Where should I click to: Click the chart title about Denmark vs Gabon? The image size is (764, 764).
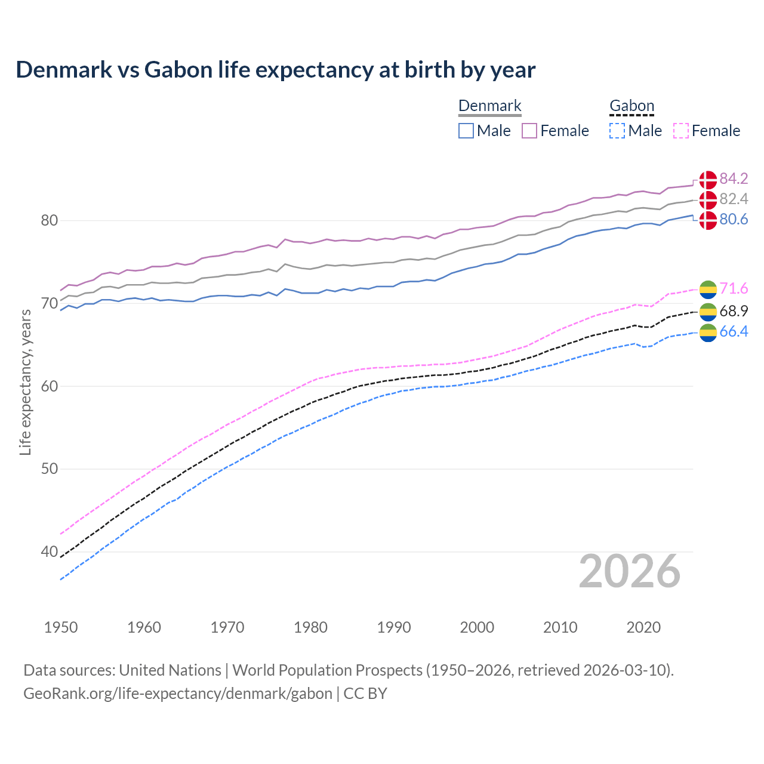(x=275, y=70)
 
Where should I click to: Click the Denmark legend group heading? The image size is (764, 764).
(x=489, y=106)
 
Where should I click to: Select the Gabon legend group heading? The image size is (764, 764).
(x=631, y=106)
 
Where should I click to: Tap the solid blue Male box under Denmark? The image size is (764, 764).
(x=466, y=131)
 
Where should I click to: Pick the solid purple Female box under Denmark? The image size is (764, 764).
(x=530, y=131)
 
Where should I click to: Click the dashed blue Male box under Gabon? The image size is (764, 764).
(x=617, y=131)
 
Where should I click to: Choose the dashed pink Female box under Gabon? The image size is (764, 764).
(x=681, y=131)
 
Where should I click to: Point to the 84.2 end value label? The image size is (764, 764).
(x=734, y=178)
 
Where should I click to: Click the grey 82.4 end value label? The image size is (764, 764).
(x=734, y=199)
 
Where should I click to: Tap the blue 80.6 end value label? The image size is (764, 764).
(x=734, y=220)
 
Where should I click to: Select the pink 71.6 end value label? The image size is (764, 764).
(x=734, y=289)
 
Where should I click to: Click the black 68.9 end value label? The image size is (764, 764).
(x=734, y=311)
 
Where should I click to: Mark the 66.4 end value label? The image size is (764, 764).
(x=734, y=332)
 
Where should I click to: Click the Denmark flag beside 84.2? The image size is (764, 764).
(x=708, y=179)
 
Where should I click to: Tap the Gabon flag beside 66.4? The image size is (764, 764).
(x=708, y=333)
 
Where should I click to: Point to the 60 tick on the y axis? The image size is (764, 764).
(x=49, y=386)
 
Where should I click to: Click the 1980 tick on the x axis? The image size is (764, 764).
(x=311, y=627)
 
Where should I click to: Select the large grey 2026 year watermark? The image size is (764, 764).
(x=629, y=571)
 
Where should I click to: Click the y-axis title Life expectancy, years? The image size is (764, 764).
(x=25, y=382)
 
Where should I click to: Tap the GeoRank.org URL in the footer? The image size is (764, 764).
(x=177, y=694)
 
